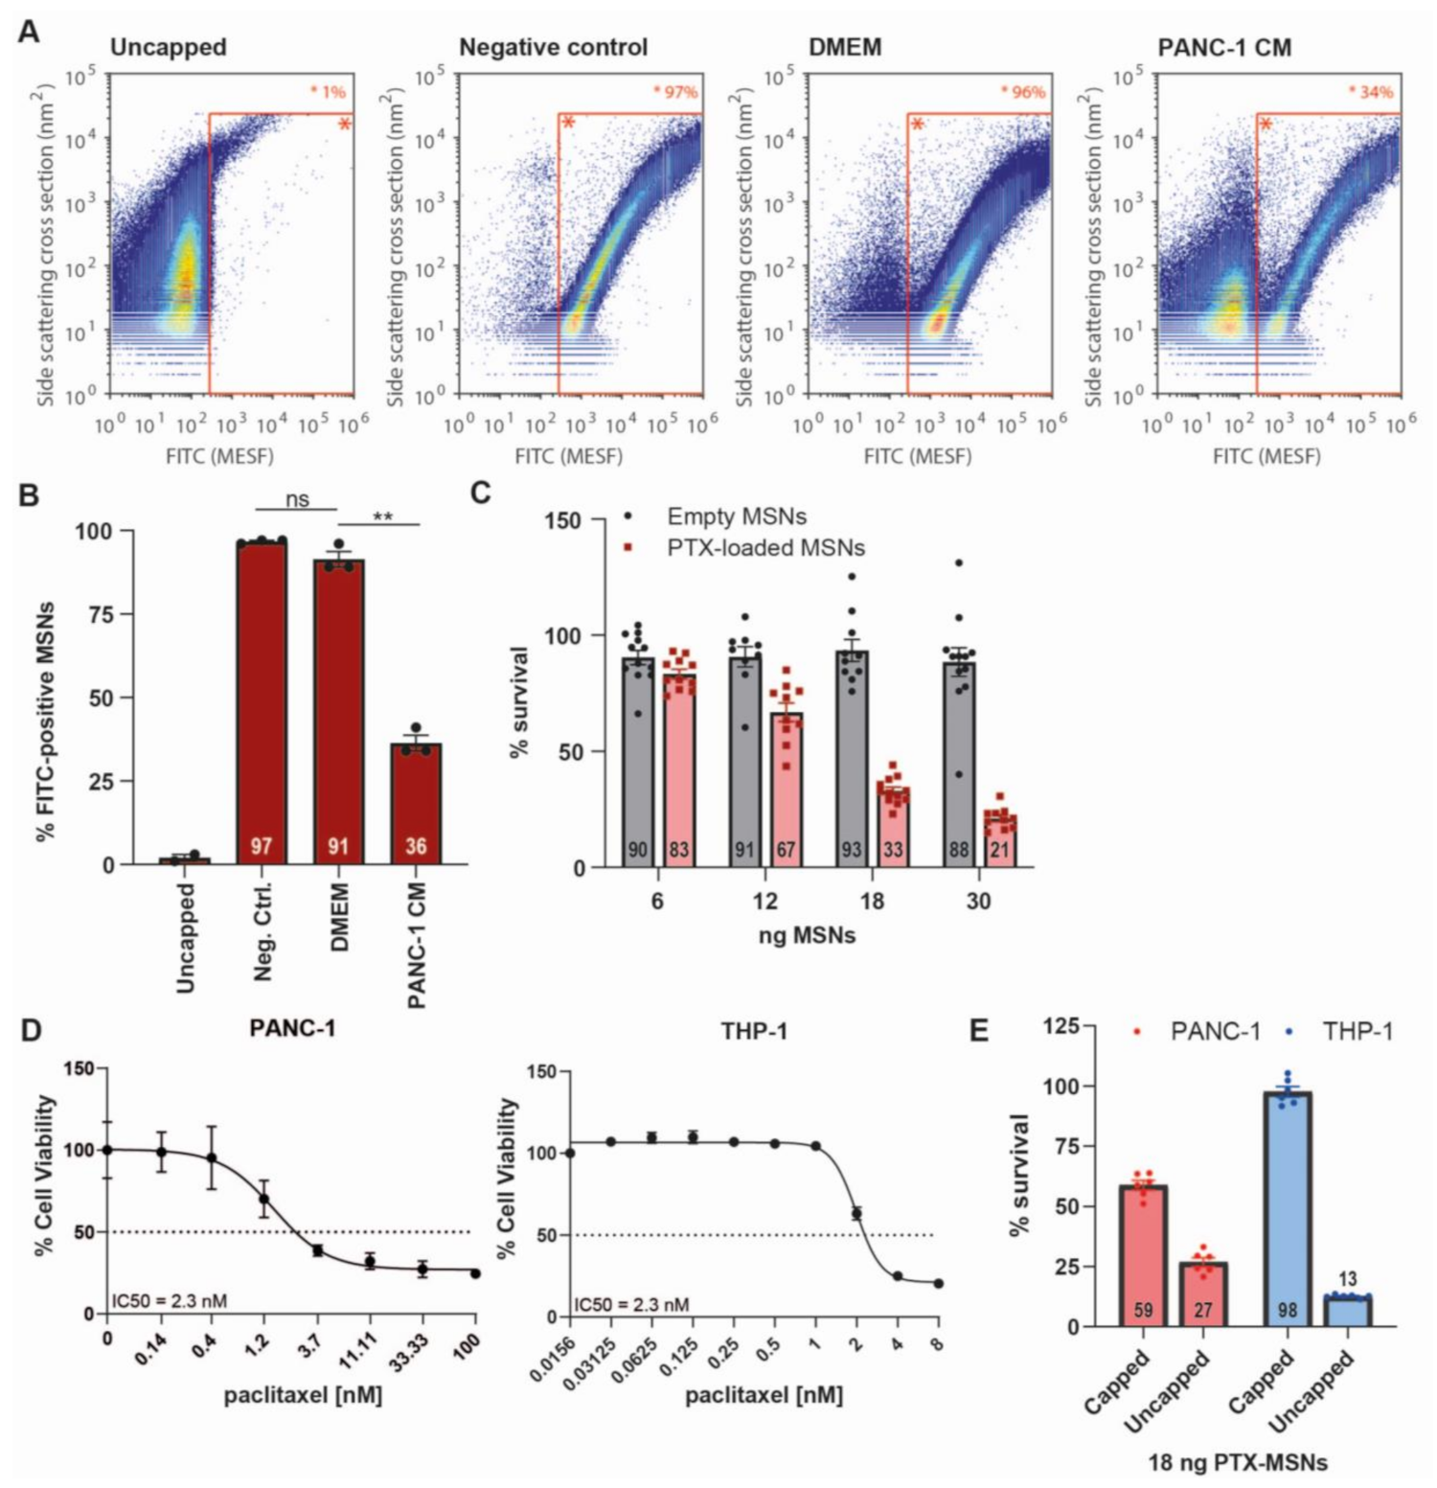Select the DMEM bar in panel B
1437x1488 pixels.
coord(338,712)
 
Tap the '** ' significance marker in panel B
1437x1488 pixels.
coord(382,517)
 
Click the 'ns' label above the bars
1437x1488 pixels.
coord(297,499)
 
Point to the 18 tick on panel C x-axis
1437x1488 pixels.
coord(871,901)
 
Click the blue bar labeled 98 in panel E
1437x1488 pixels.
coord(1288,1209)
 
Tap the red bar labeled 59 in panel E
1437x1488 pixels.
coord(1143,1256)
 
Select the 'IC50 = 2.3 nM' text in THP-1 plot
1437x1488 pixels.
coord(631,1304)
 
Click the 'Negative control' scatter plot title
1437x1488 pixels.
coord(554,47)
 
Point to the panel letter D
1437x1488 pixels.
coord(31,1030)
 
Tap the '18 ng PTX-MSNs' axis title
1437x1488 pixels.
coord(1238,1462)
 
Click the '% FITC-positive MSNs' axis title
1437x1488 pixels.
coord(45,721)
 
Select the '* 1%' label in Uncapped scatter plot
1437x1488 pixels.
coord(328,92)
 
